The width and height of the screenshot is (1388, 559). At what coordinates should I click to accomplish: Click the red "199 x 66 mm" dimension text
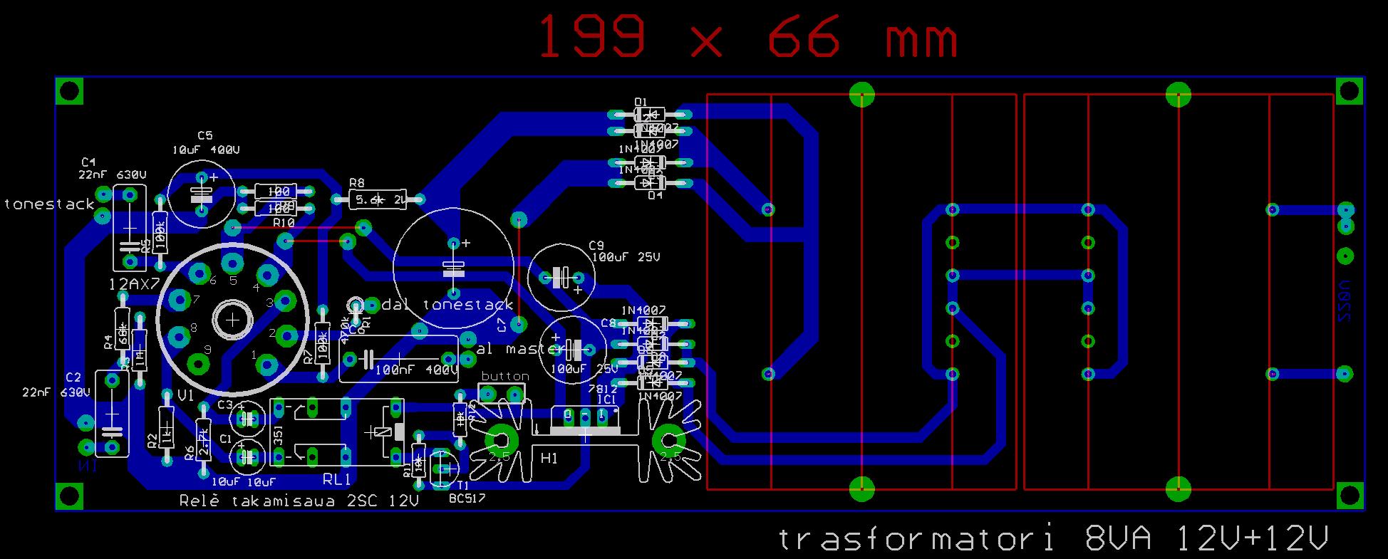tap(747, 37)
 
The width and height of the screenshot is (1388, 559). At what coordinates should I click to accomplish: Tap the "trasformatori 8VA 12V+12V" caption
tap(1053, 539)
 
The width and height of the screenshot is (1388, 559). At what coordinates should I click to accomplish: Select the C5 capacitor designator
tap(205, 135)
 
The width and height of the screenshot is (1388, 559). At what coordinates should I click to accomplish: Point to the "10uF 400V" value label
tap(205, 150)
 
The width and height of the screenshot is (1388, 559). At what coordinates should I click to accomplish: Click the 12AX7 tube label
tap(133, 284)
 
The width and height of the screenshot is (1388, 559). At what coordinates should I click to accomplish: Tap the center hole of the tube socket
tap(233, 320)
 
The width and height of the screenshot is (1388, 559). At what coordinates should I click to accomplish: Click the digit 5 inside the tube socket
tap(233, 281)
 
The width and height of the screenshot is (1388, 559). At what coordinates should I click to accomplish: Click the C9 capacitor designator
tap(596, 245)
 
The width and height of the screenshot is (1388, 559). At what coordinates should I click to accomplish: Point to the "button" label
tap(505, 376)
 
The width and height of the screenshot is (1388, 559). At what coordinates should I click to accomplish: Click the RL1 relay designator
tap(337, 478)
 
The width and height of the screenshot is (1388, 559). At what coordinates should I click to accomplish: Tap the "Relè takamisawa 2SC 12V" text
tap(299, 501)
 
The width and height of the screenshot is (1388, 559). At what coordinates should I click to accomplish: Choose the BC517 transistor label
tap(467, 498)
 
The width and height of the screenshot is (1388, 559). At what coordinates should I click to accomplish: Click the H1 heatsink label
tap(549, 458)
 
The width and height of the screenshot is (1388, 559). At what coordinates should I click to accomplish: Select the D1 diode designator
tap(641, 102)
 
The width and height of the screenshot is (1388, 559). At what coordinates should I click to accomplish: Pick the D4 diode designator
tap(655, 195)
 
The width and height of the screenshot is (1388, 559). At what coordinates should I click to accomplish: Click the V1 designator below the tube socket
tap(185, 395)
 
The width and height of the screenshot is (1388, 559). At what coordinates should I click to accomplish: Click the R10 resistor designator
tap(284, 223)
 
